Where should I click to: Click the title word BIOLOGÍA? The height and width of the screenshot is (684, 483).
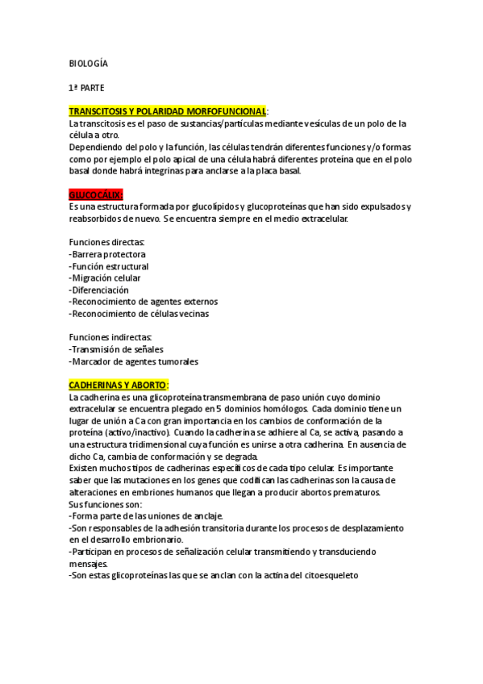click(88, 63)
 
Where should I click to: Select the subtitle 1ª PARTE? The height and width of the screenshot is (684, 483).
click(86, 86)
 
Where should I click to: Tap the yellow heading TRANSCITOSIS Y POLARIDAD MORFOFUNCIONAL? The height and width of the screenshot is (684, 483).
click(168, 110)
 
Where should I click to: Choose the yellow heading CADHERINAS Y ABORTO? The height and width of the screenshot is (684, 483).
click(119, 385)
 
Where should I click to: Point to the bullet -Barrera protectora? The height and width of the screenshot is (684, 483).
click(107, 254)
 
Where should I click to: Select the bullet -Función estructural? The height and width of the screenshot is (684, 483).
click(109, 266)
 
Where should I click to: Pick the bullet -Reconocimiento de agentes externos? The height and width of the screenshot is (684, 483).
click(138, 301)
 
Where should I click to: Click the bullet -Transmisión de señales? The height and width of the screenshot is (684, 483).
click(116, 349)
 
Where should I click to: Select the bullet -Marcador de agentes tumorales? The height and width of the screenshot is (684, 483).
click(133, 361)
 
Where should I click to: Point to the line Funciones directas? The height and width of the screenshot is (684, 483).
click(106, 242)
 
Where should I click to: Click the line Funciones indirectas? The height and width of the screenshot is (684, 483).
click(110, 337)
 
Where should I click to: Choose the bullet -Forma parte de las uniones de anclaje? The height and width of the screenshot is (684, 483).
click(146, 515)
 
